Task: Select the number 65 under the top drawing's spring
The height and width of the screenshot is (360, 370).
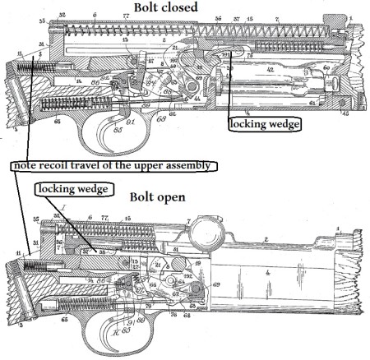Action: click(x=56, y=122)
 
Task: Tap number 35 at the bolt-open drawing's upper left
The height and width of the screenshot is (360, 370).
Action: click(x=36, y=220)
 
